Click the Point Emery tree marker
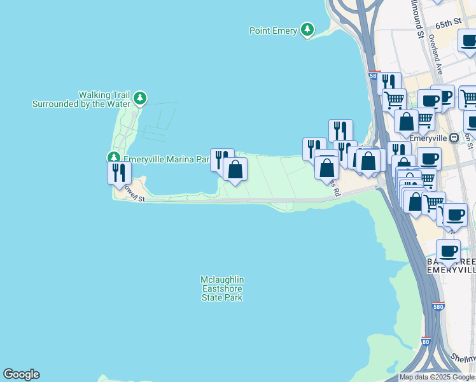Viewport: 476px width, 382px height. click(308, 29)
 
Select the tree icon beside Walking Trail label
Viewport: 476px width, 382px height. click(140, 99)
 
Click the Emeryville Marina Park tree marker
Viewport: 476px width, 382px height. click(114, 157)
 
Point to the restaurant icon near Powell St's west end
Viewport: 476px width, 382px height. click(119, 173)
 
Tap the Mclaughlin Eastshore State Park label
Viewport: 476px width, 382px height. click(222, 288)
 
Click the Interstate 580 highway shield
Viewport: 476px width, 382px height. click(438, 306)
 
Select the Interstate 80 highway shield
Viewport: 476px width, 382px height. click(426, 341)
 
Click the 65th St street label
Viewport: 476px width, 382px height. click(448, 24)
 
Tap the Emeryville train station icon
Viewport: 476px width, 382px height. click(454, 138)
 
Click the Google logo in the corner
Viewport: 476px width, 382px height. click(21, 374)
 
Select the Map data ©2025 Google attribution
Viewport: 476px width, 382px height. click(437, 377)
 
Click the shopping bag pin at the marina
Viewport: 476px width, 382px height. click(235, 169)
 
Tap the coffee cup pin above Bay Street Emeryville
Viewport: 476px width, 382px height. click(448, 251)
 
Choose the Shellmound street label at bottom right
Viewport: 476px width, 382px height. click(463, 360)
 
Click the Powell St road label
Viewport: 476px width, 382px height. click(134, 195)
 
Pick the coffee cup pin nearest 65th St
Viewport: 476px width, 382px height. click(469, 41)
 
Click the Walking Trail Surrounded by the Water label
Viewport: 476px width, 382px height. click(81, 99)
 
